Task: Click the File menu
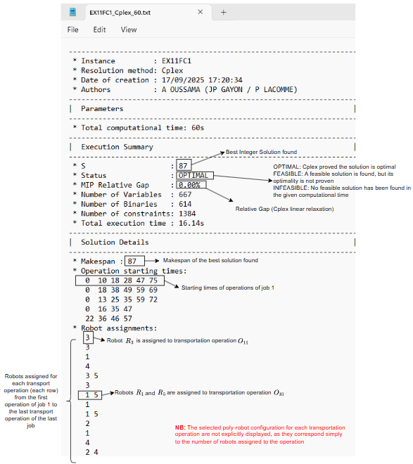click(72, 30)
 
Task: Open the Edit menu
click(99, 30)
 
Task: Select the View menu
click(129, 30)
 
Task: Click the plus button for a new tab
click(224, 12)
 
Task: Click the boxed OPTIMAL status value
click(193, 175)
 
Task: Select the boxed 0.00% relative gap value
click(189, 185)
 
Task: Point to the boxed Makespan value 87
click(131, 261)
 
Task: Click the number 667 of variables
click(185, 194)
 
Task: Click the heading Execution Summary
click(117, 147)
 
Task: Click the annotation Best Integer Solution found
click(261, 152)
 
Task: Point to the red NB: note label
click(181, 427)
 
